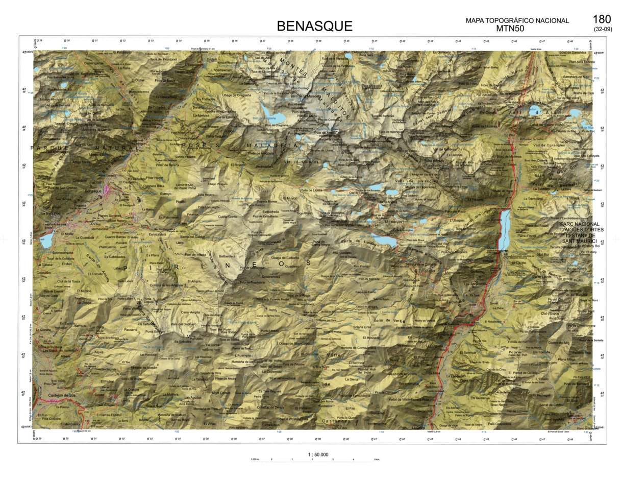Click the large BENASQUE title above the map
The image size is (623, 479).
(314, 26)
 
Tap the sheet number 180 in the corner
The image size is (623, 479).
(602, 19)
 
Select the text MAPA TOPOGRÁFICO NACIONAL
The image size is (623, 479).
(517, 21)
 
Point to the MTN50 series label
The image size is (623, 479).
(510, 29)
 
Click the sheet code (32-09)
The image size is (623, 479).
(603, 29)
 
